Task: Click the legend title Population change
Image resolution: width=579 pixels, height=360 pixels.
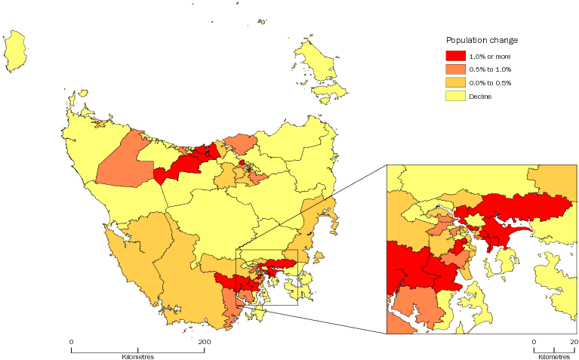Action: [x=481, y=40]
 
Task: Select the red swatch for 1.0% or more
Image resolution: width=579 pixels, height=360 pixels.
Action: [x=454, y=56]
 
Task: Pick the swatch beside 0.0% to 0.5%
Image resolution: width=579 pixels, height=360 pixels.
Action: [x=454, y=82]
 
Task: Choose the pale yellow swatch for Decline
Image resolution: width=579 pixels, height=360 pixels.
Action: [x=454, y=96]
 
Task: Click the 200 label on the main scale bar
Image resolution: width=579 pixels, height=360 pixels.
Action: [x=204, y=343]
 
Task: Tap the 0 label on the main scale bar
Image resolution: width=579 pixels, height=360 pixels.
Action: [x=72, y=343]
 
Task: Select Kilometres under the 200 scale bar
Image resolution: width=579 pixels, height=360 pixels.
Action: [x=137, y=355]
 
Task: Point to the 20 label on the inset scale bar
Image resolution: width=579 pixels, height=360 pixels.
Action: [x=574, y=343]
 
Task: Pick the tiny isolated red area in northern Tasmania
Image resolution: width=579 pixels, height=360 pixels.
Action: [x=242, y=162]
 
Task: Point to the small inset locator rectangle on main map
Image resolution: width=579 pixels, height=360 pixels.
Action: [x=266, y=277]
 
